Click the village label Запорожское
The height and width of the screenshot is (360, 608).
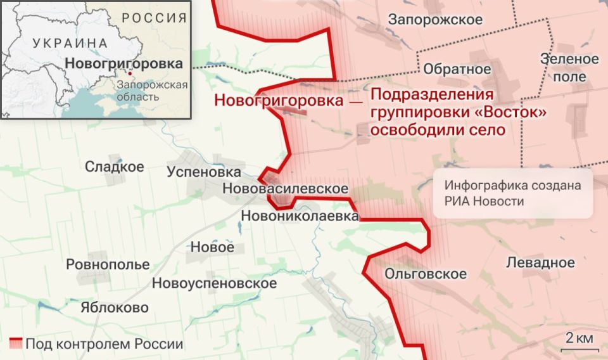click(435, 20)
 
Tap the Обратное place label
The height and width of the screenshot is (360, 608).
click(457, 69)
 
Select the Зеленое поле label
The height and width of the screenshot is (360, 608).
click(569, 68)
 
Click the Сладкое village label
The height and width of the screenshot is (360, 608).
click(115, 167)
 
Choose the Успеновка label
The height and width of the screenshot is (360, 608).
click(204, 172)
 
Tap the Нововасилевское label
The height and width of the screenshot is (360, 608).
click(285, 189)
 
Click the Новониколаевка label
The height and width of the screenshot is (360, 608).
click(300, 216)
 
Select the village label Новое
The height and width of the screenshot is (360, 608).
click(212, 247)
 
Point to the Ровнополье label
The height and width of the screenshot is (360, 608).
click(108, 264)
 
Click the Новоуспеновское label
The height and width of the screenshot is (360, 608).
click(214, 283)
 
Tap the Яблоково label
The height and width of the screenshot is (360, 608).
click(115, 308)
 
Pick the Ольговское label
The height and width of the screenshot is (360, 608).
click(426, 274)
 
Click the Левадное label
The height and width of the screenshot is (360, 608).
click(540, 262)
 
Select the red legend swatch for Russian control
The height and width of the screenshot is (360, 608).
click(16, 344)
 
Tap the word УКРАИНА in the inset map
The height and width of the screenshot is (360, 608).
click(69, 43)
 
